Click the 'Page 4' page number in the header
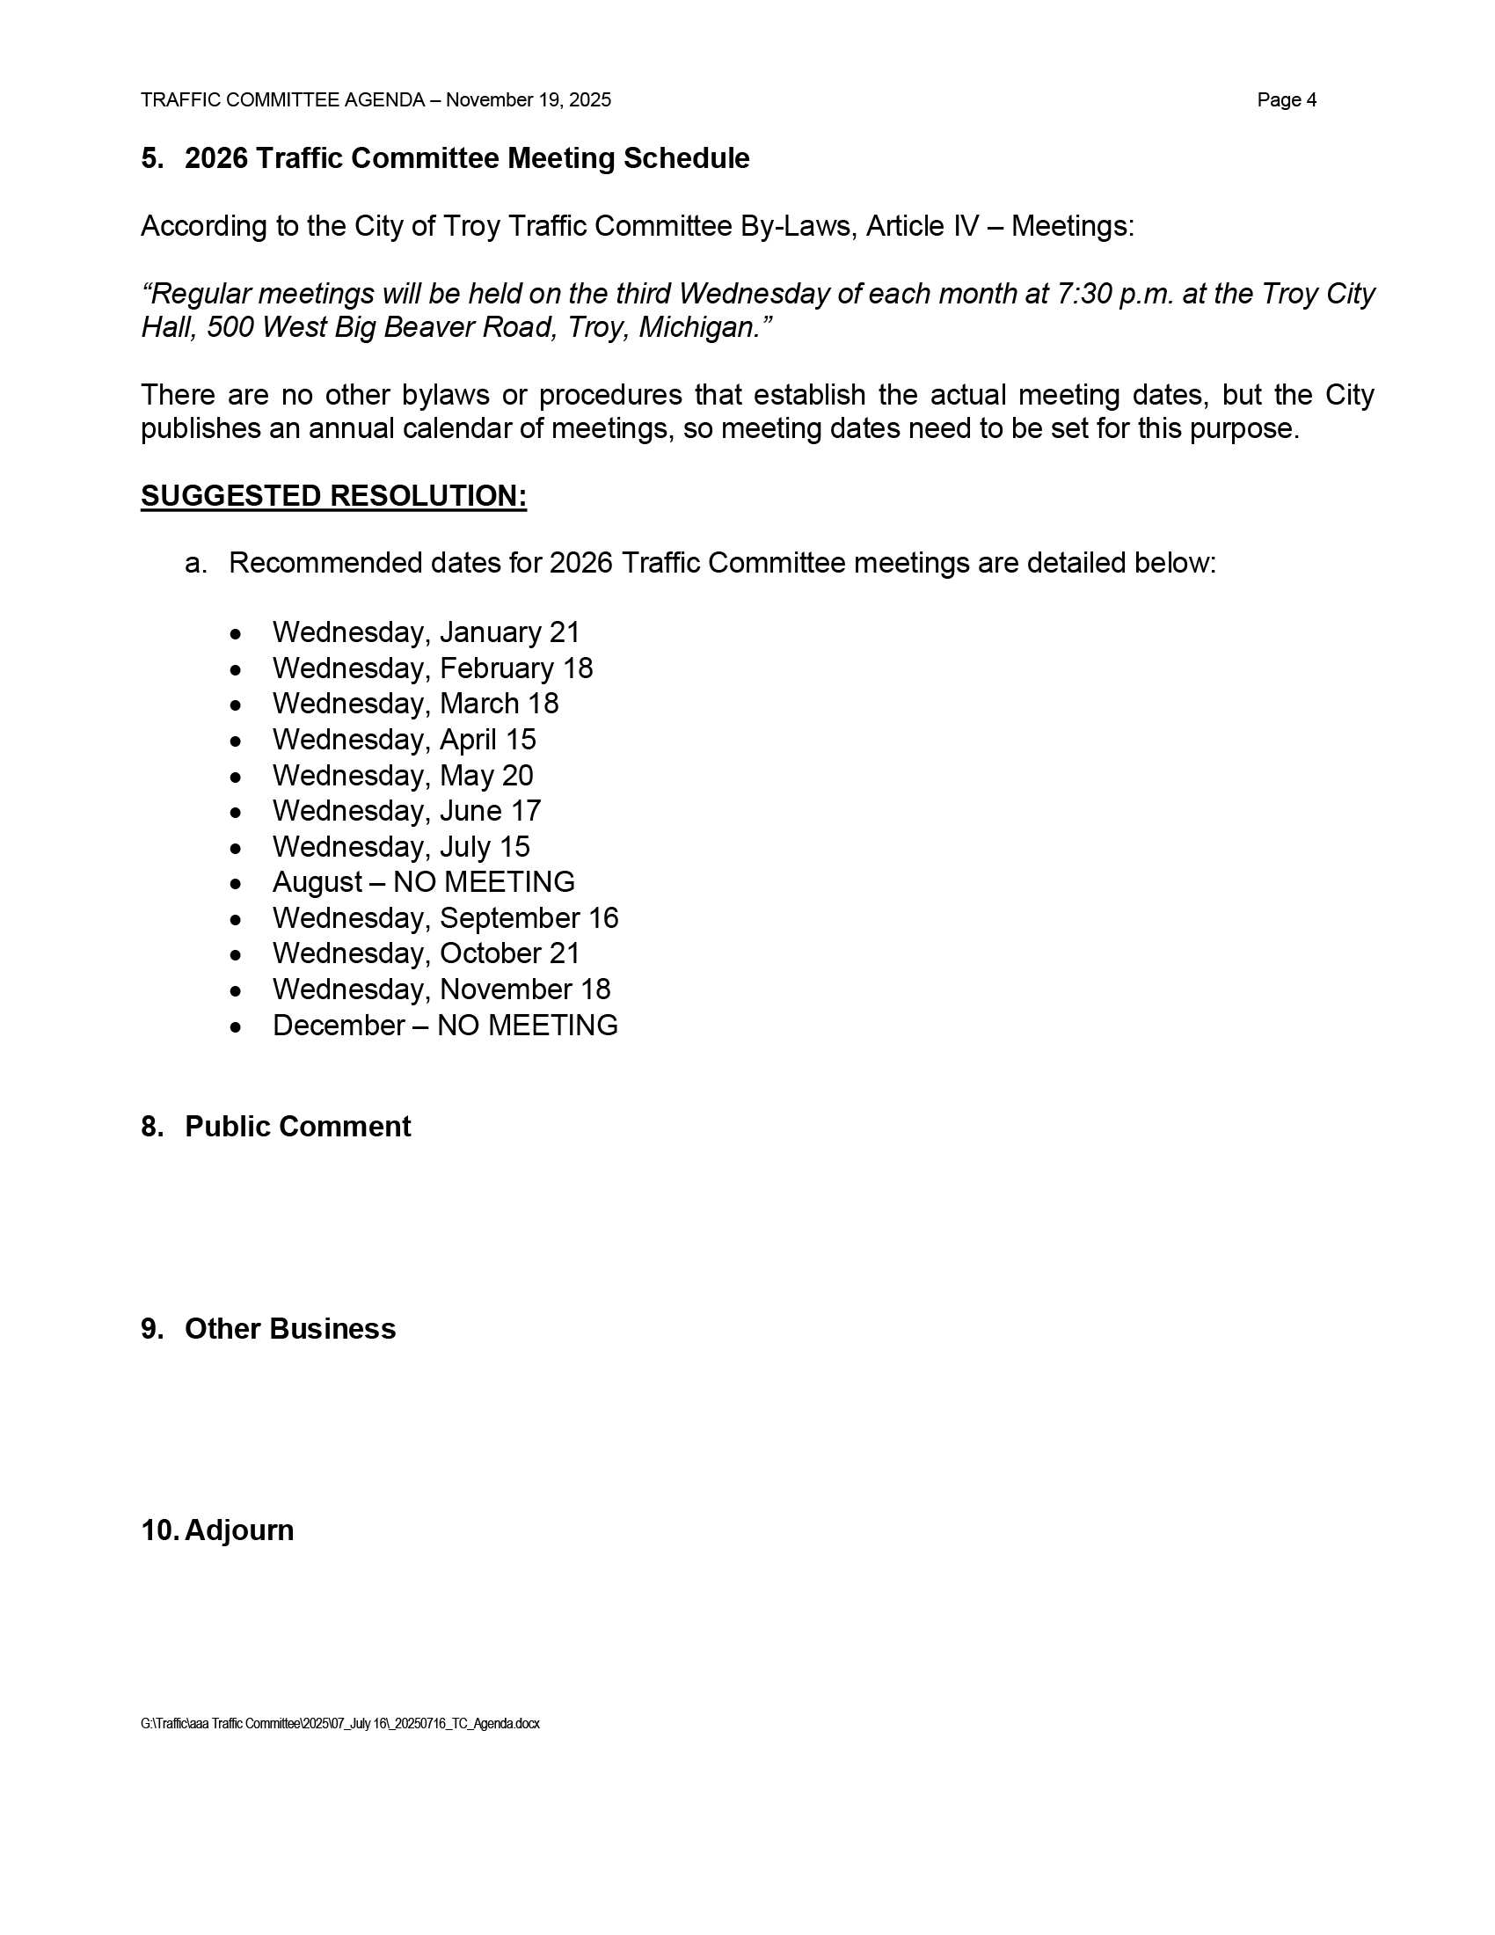click(1286, 100)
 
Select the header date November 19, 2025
click(528, 100)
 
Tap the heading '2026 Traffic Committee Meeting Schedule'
click(467, 158)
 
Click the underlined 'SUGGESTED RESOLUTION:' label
click(334, 496)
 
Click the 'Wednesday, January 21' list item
click(426, 632)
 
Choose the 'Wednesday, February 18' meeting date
click(432, 668)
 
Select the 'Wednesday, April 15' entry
click(404, 740)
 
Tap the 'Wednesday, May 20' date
click(403, 775)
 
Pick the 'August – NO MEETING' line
click(423, 882)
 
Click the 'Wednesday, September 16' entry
click(446, 918)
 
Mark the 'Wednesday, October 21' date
click(426, 953)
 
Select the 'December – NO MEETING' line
click(445, 1025)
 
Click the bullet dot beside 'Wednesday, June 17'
click(235, 813)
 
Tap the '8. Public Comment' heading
click(275, 1127)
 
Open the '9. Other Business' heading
click(268, 1329)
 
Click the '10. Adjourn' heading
click(218, 1531)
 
